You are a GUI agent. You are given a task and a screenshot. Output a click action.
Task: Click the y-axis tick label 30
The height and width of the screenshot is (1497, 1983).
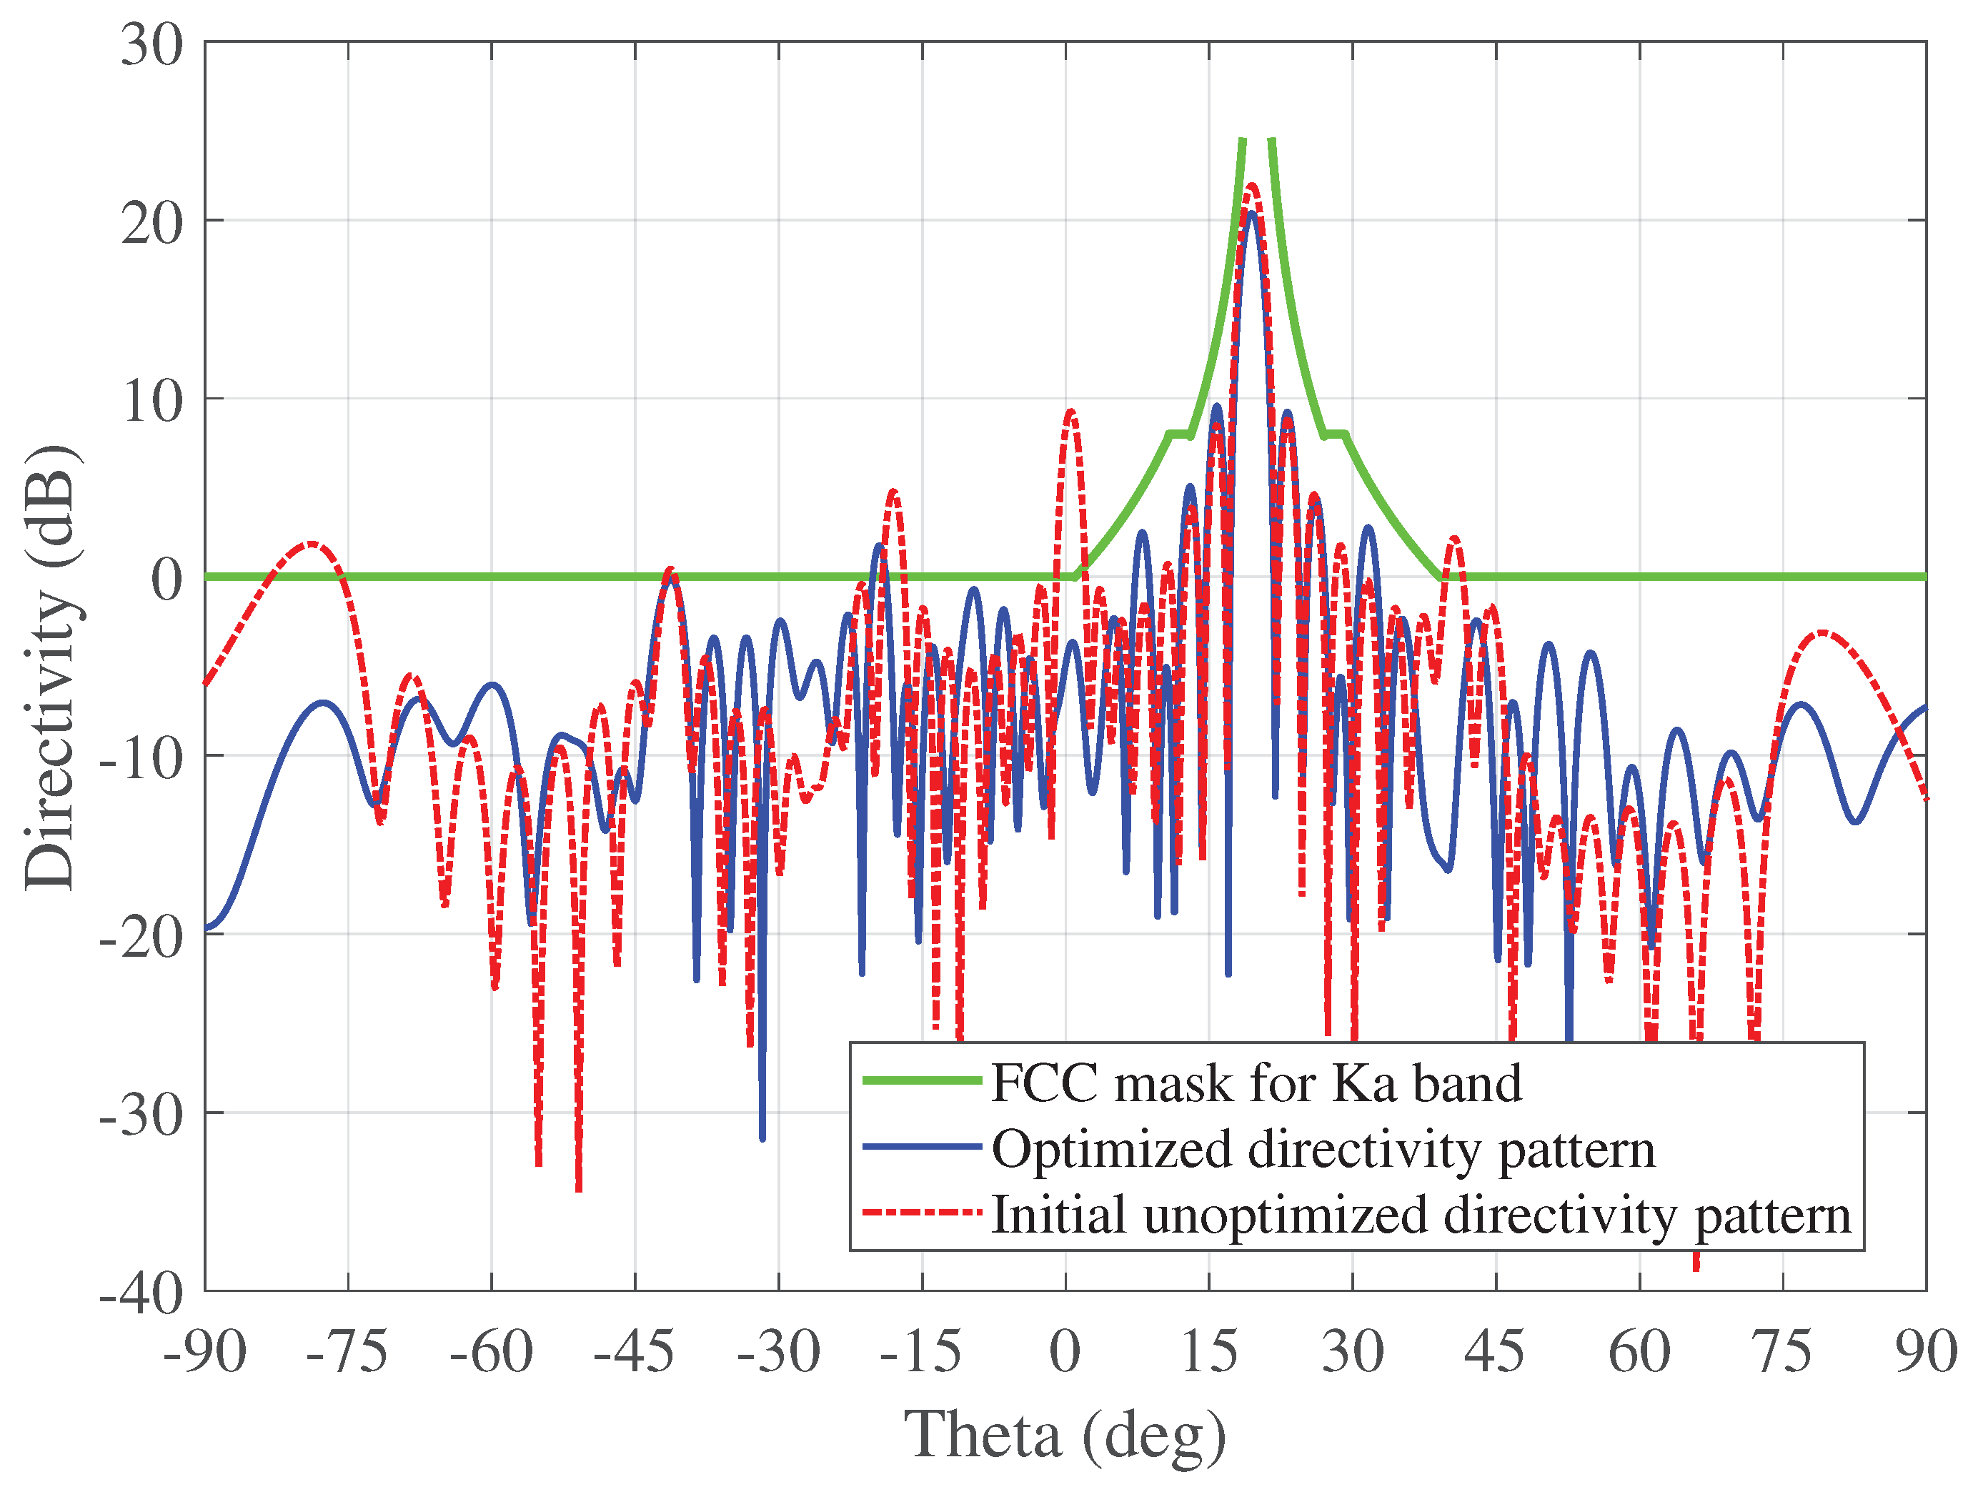[x=151, y=45]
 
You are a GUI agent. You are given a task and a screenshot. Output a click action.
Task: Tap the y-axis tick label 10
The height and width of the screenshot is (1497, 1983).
[x=151, y=402]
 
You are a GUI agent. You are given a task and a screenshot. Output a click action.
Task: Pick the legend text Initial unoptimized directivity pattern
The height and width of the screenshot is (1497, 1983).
[x=1421, y=1215]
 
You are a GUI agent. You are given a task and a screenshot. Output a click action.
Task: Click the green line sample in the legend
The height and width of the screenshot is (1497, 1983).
[x=922, y=1081]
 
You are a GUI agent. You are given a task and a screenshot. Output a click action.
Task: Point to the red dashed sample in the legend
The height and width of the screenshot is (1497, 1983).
[x=922, y=1213]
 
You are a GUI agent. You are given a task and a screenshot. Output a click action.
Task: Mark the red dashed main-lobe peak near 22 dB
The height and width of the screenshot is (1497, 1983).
[x=1251, y=186]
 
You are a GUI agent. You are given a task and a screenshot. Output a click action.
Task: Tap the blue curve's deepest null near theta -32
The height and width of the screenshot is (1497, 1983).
[x=762, y=1138]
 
